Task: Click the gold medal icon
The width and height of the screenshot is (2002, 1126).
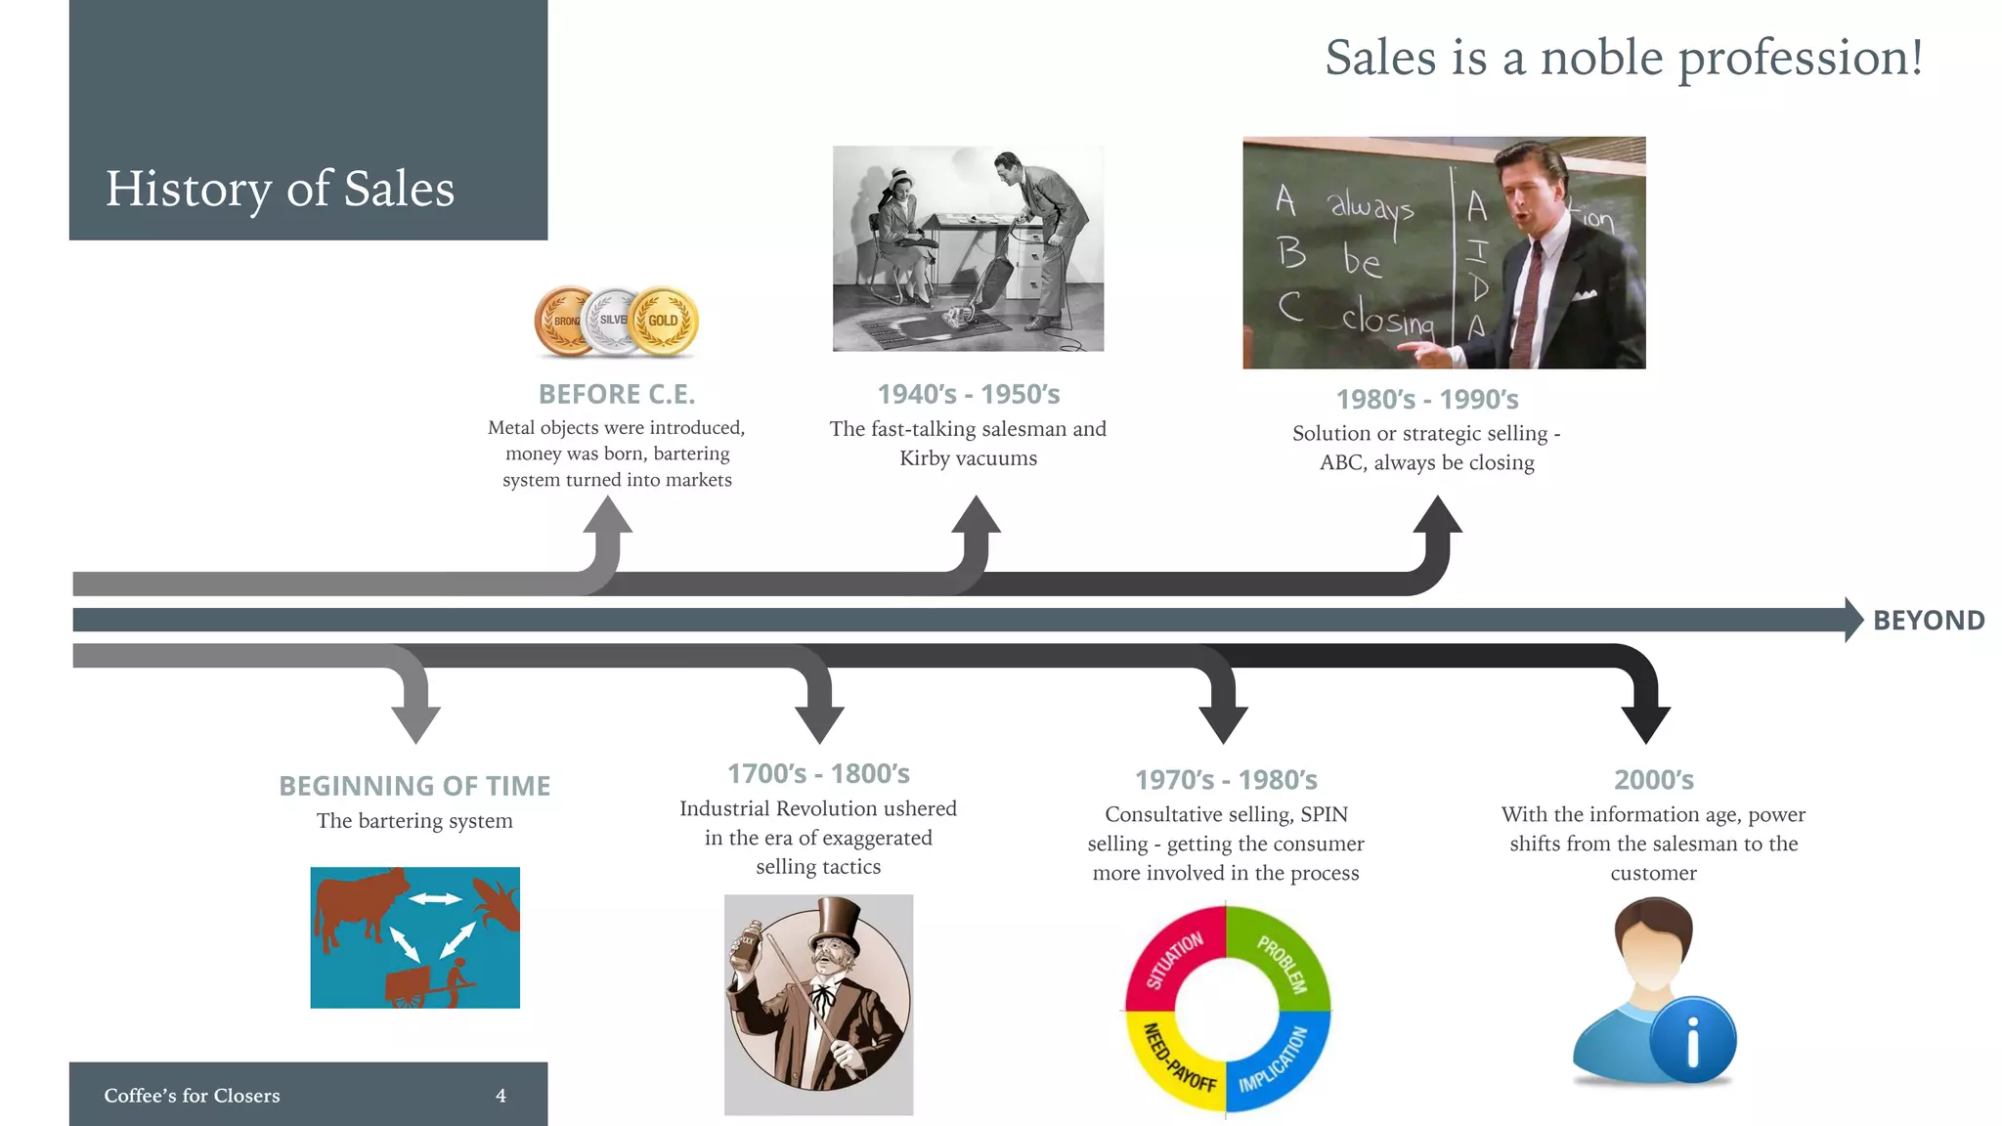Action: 664,322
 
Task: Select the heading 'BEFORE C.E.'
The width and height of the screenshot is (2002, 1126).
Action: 617,394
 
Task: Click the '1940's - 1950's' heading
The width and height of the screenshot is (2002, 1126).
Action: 968,394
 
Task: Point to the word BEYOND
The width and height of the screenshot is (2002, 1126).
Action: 1928,621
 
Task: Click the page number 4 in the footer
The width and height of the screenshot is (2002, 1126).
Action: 500,1096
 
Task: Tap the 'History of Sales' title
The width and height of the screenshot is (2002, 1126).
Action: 280,189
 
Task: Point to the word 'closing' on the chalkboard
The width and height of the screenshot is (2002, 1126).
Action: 1387,319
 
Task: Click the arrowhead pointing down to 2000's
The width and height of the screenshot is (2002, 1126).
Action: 1645,723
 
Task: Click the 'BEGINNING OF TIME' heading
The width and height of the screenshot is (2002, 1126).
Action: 414,786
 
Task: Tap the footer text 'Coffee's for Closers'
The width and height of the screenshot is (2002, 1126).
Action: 192,1096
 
